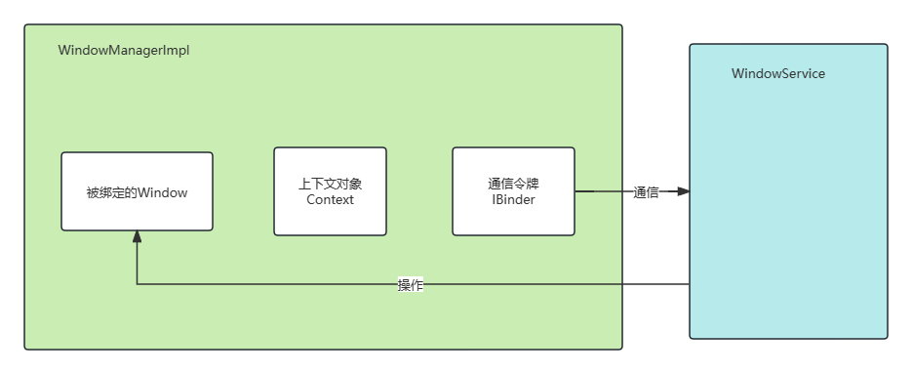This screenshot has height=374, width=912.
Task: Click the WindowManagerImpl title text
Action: coord(124,51)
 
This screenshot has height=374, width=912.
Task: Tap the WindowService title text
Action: coord(778,74)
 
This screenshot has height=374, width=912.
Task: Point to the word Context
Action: coord(330,200)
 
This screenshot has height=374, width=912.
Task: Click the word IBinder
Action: coord(513,200)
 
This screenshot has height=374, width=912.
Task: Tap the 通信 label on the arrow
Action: coord(646,192)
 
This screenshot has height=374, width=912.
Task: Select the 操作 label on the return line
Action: coord(411,285)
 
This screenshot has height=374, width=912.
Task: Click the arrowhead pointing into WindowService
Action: coord(684,191)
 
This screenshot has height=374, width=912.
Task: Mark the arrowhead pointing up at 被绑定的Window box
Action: coord(138,237)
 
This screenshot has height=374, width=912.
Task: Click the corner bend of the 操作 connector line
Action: coord(138,284)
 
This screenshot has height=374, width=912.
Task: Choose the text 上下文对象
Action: coord(330,184)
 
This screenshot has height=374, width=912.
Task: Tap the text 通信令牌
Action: coord(513,184)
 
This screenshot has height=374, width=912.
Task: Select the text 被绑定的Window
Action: coord(137,192)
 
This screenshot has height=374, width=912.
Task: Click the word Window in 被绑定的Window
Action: coord(162,192)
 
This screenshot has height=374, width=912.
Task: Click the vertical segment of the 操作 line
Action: coord(138,262)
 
